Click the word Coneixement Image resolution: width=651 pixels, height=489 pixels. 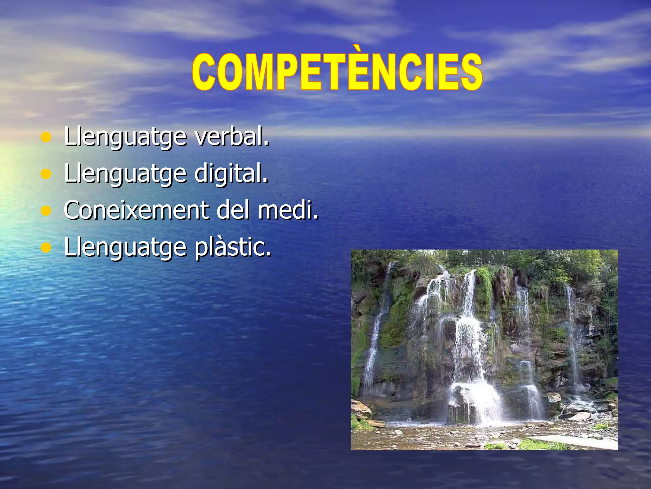[x=136, y=210]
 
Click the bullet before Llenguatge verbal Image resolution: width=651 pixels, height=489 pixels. [x=46, y=137]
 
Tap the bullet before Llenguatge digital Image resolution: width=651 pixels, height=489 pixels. [x=46, y=174]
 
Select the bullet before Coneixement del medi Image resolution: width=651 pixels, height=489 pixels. [x=46, y=211]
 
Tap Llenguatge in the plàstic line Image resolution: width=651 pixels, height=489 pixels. [x=125, y=248]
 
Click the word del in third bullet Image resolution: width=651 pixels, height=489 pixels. [x=233, y=210]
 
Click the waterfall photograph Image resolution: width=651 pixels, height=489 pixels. [x=484, y=350]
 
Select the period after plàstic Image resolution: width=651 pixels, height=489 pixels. [x=269, y=254]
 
